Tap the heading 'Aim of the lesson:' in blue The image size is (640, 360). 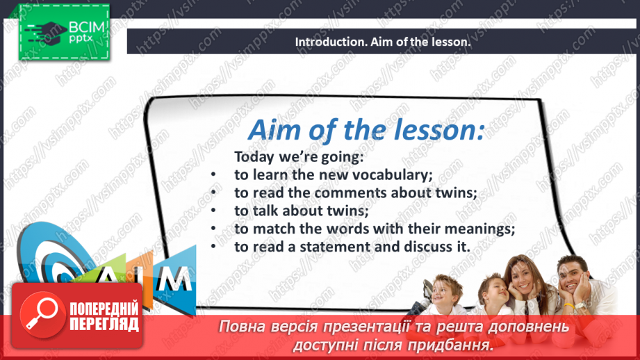366,130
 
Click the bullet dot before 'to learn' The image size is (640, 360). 215,174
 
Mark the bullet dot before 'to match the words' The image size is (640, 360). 215,229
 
